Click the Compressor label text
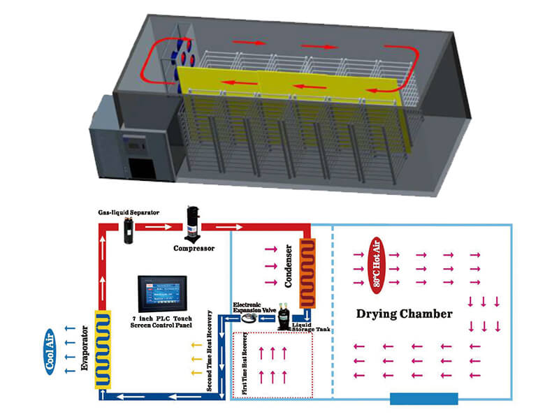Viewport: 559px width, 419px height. pyautogui.click(x=194, y=247)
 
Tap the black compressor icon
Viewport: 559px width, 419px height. pyautogui.click(x=193, y=224)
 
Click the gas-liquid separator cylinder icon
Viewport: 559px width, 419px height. pyautogui.click(x=129, y=230)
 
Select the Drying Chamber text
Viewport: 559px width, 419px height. pyautogui.click(x=405, y=314)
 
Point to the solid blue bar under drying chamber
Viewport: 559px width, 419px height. pyautogui.click(x=423, y=399)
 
